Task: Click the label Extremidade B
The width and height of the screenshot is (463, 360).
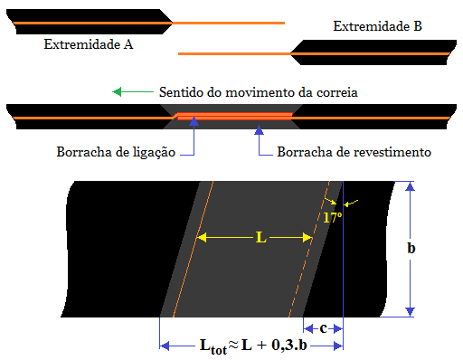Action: pyautogui.click(x=377, y=27)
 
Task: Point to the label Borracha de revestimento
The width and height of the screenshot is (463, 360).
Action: pyautogui.click(x=354, y=152)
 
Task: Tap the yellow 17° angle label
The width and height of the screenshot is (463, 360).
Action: pyautogui.click(x=332, y=218)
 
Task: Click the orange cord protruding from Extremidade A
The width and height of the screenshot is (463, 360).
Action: pyautogui.click(x=226, y=22)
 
